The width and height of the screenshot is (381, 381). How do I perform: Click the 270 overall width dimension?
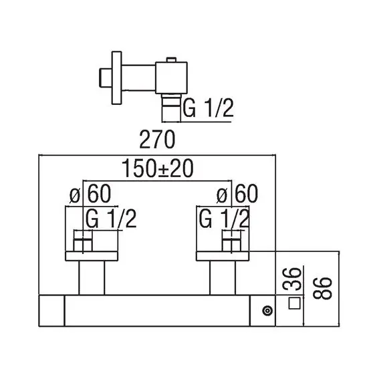tap(157, 139)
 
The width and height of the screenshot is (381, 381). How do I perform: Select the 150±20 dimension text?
tap(158, 168)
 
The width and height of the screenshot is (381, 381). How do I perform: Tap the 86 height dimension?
tap(322, 288)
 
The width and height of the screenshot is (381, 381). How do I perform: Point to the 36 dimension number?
tap(292, 279)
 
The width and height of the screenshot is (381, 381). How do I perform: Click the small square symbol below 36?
tap(295, 303)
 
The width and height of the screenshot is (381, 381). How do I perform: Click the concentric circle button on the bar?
tap(267, 311)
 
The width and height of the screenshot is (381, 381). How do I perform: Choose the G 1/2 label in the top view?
tap(208, 108)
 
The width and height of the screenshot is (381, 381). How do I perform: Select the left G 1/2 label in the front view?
tap(111, 219)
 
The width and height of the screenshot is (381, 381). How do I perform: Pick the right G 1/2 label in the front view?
tap(225, 219)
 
